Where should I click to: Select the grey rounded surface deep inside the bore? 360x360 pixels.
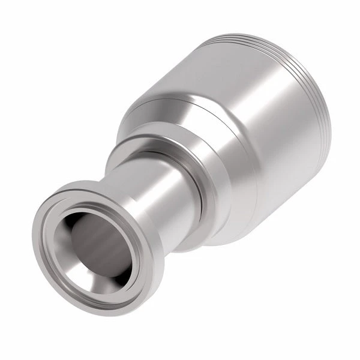pyautogui.click(x=96, y=249)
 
